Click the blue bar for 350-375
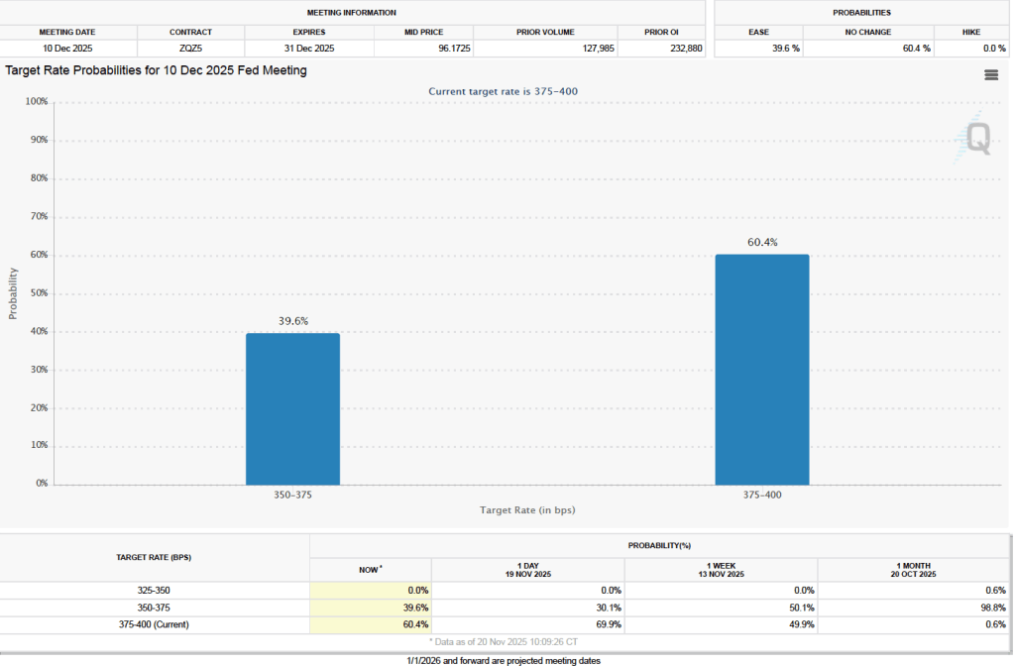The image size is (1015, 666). tap(292, 408)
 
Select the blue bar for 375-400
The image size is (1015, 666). tap(761, 370)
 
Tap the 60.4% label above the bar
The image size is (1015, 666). tap(761, 242)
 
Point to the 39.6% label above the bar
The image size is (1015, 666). tap(292, 320)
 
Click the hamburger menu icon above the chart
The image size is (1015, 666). tap(990, 75)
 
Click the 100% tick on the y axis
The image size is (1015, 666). tap(36, 102)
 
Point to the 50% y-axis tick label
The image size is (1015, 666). tap(37, 293)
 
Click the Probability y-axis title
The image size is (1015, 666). tap(14, 293)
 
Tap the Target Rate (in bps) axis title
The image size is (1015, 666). tap(527, 509)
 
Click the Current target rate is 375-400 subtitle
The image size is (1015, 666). tap(503, 91)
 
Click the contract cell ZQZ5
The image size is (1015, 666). tap(190, 48)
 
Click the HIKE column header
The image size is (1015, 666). tap(970, 32)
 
